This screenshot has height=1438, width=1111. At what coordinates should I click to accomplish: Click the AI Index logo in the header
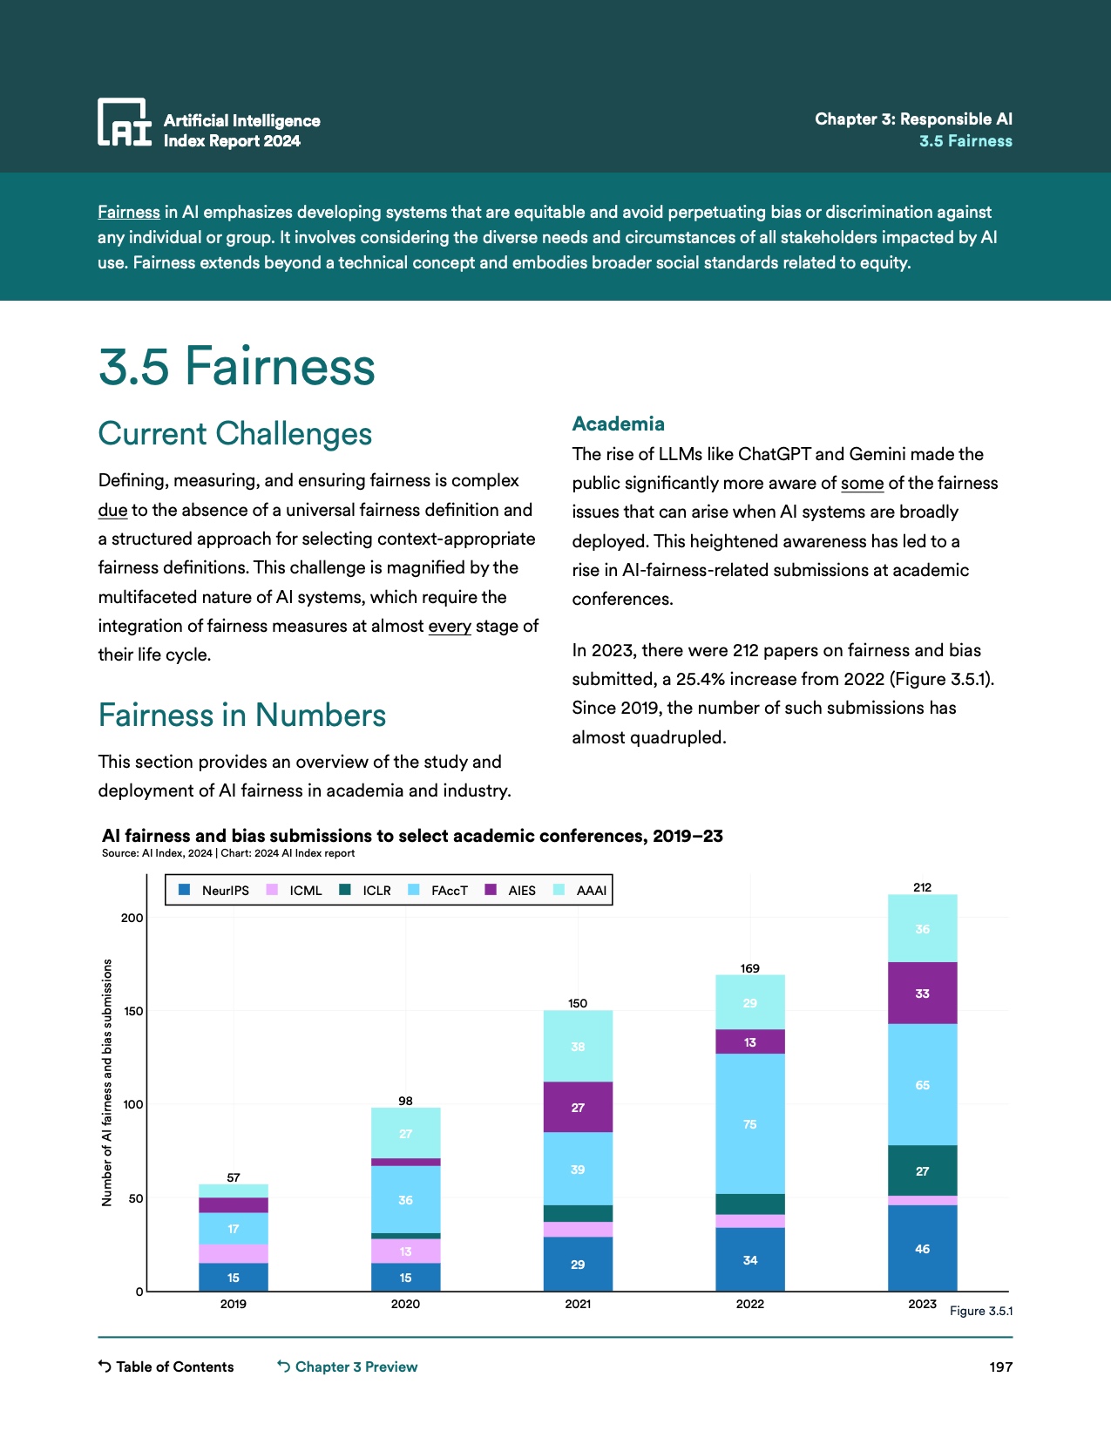tap(125, 122)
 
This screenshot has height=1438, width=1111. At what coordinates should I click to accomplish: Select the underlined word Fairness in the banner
tap(129, 212)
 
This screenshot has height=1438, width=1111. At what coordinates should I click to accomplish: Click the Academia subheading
tap(618, 424)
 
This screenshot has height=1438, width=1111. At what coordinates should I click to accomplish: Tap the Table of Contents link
tap(166, 1367)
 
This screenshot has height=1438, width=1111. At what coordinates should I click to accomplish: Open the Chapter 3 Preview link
tap(348, 1367)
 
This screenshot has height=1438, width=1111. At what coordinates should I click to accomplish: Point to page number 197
tap(1000, 1367)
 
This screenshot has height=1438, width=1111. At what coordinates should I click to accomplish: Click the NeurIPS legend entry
tap(214, 890)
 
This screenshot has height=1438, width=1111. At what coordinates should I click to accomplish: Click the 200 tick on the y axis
tap(132, 918)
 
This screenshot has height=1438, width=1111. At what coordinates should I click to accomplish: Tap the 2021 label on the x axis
tap(578, 1304)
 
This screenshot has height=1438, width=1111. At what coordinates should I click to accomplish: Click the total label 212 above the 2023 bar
tap(922, 887)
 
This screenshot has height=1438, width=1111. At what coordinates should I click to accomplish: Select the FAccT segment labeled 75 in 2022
tap(750, 1123)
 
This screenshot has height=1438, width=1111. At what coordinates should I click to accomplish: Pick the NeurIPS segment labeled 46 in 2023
tap(922, 1248)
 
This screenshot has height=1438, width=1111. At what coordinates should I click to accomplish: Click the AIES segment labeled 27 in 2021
tap(578, 1107)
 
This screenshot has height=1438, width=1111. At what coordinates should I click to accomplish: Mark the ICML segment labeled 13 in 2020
tap(406, 1251)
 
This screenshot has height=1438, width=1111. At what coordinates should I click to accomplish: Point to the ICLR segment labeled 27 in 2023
tap(922, 1170)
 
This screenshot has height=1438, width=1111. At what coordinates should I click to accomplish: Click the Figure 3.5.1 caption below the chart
tap(980, 1311)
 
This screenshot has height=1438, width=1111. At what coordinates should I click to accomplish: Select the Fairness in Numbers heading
tap(242, 716)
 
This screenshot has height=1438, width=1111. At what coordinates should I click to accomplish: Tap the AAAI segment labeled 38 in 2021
tap(578, 1046)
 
